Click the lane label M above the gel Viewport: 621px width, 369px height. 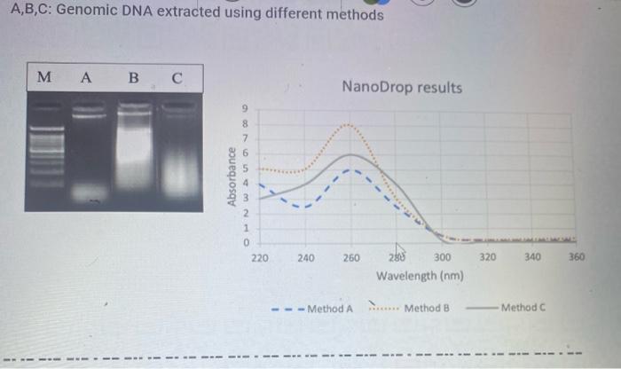pyautogui.click(x=44, y=77)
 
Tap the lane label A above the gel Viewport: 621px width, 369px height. pyautogui.click(x=85, y=77)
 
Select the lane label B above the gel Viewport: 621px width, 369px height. pyautogui.click(x=133, y=77)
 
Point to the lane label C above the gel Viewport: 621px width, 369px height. pyautogui.click(x=177, y=77)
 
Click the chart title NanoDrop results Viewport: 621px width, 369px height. pyautogui.click(x=401, y=88)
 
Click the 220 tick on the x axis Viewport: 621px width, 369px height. pyautogui.click(x=259, y=258)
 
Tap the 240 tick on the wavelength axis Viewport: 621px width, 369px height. pyautogui.click(x=305, y=258)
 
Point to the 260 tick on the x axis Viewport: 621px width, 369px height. pyautogui.click(x=351, y=258)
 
